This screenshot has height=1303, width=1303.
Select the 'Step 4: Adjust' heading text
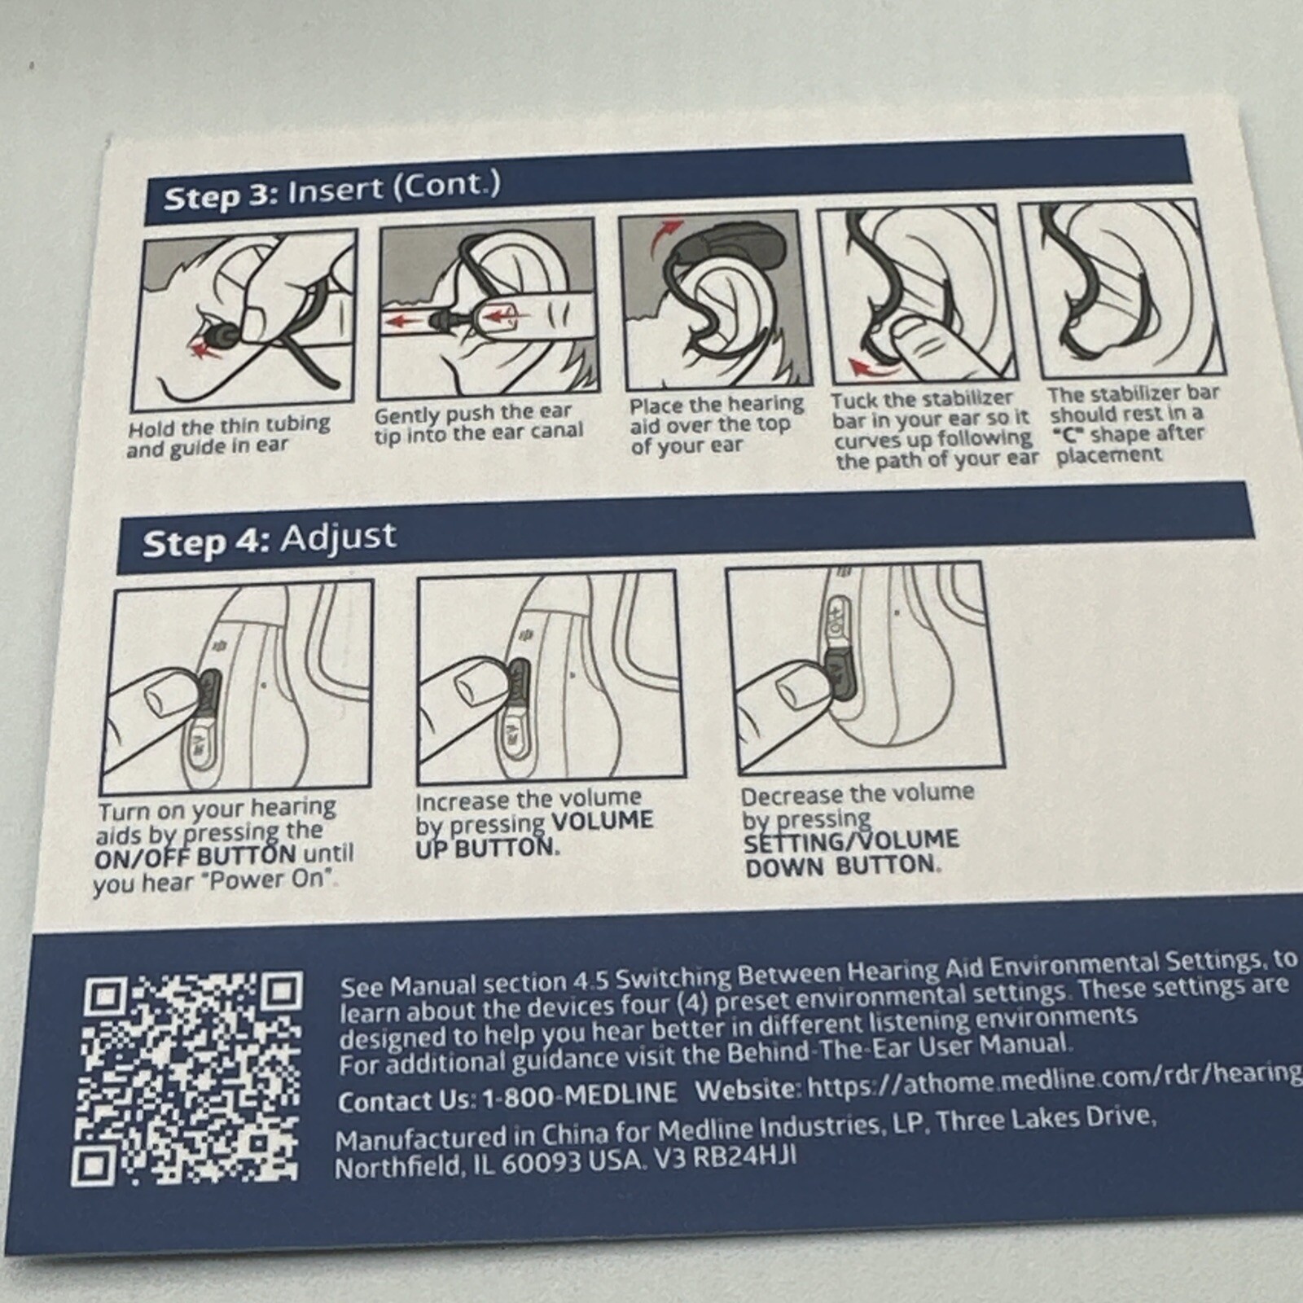(x=270, y=540)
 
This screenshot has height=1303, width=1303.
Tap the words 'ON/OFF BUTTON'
(x=195, y=857)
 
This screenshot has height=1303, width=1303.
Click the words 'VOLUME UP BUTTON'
(x=533, y=834)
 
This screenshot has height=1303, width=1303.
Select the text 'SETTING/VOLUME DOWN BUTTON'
(x=851, y=853)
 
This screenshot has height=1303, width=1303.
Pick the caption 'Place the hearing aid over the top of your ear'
(x=714, y=425)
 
